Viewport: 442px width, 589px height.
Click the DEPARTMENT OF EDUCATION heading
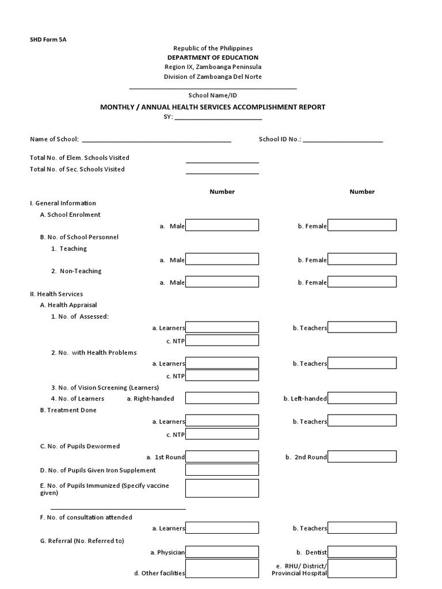(x=213, y=58)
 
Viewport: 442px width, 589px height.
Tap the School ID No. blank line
(x=342, y=140)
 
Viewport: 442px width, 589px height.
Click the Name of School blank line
(x=157, y=140)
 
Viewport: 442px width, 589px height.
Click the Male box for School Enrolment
(x=222, y=225)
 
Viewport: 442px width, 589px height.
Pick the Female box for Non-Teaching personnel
(x=362, y=282)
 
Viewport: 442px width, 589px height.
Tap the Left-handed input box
(x=362, y=398)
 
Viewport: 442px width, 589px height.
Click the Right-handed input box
(x=222, y=398)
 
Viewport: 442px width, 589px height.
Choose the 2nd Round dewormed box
(x=362, y=457)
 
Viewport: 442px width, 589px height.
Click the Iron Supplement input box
(x=222, y=470)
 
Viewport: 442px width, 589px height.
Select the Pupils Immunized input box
(x=222, y=488)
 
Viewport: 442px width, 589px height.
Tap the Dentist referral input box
(x=362, y=552)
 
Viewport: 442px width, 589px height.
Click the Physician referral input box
(x=222, y=552)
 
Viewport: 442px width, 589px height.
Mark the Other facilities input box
(x=222, y=569)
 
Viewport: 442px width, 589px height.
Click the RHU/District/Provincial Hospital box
(x=362, y=569)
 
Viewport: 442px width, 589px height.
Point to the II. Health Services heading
(x=56, y=294)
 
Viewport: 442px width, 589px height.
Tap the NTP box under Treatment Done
(x=222, y=434)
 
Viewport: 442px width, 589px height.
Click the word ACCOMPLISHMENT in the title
(x=258, y=107)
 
